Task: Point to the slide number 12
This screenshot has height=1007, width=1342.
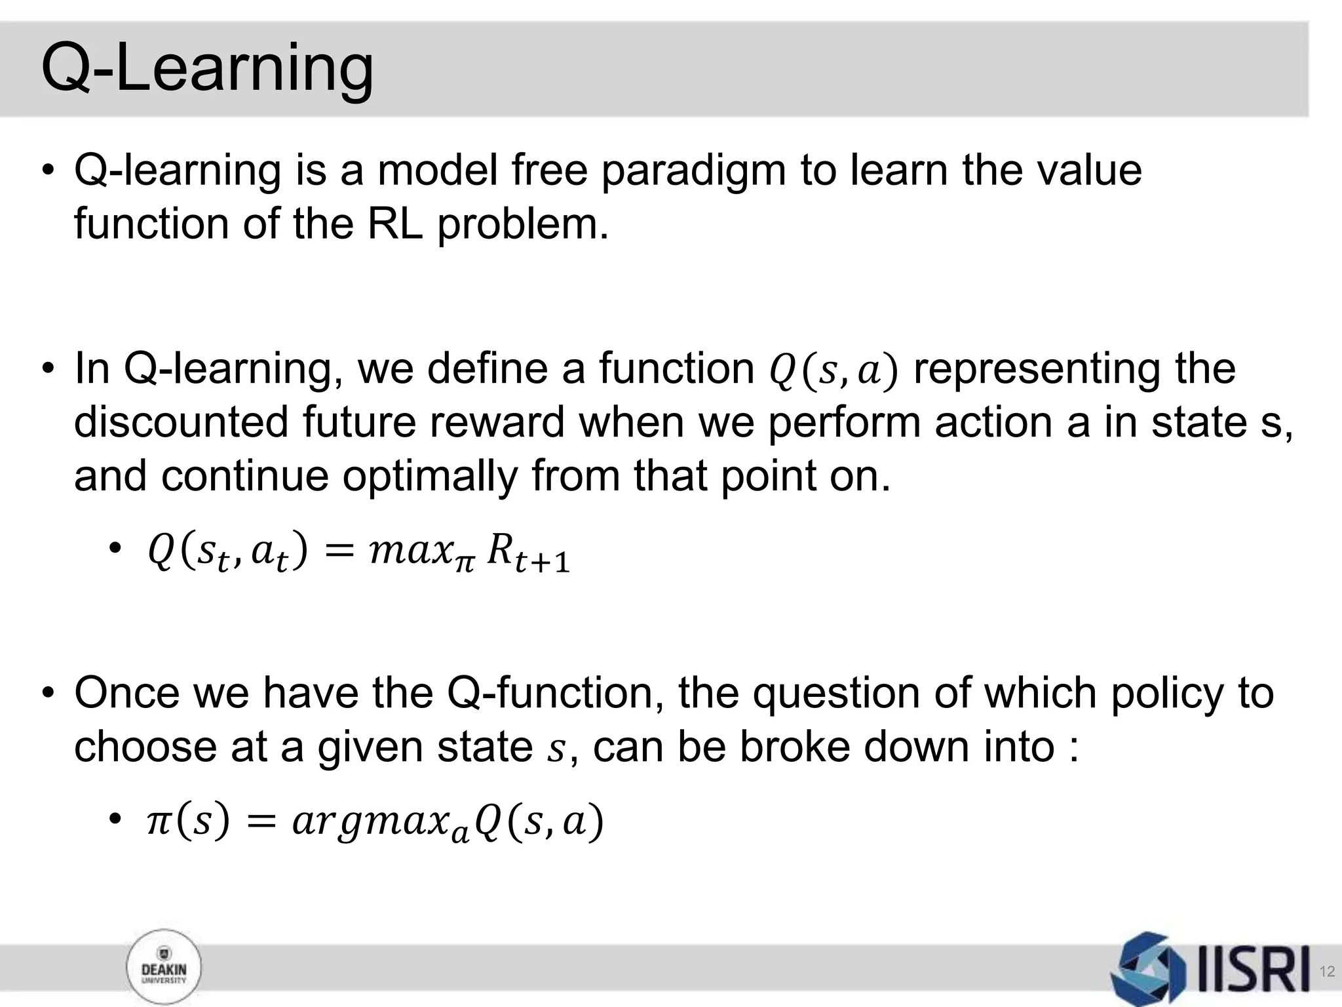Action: click(x=1326, y=972)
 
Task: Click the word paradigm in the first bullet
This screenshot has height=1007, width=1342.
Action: click(x=693, y=172)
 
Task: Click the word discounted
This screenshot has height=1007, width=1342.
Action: click(x=181, y=422)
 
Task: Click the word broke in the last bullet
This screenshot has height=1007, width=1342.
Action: click(x=794, y=747)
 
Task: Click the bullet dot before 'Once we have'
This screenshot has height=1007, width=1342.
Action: click(x=48, y=694)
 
